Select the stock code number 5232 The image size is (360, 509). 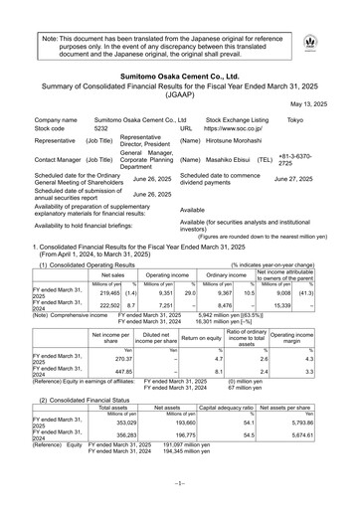pyautogui.click(x=100, y=129)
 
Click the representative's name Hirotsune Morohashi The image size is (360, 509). pyautogui.click(x=246, y=143)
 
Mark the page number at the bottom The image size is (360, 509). pyautogui.click(x=179, y=494)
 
